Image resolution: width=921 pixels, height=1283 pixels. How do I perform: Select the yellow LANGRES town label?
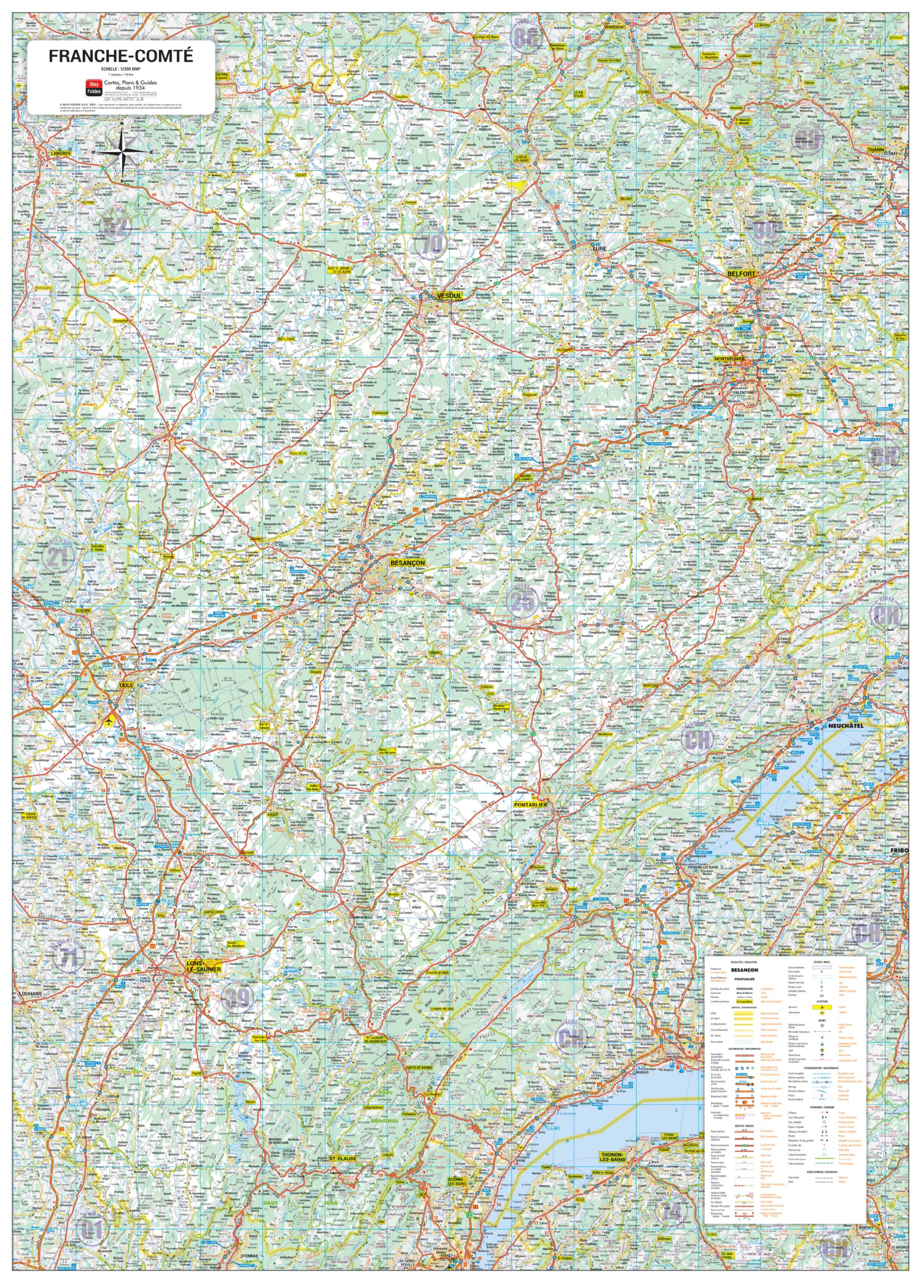point(61,153)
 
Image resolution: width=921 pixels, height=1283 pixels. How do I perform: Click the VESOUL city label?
point(449,296)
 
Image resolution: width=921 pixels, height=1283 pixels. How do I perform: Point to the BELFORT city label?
point(742,274)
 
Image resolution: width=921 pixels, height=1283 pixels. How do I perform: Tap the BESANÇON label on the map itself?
point(407,563)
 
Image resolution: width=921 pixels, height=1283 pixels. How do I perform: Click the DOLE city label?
point(126,685)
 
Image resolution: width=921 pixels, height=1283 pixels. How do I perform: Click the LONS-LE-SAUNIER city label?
point(204,965)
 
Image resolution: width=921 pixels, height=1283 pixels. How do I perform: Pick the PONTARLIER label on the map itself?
point(530,804)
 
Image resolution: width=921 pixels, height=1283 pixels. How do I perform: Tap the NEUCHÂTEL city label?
point(846,726)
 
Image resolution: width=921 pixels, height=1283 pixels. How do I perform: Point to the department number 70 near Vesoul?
point(434,245)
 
